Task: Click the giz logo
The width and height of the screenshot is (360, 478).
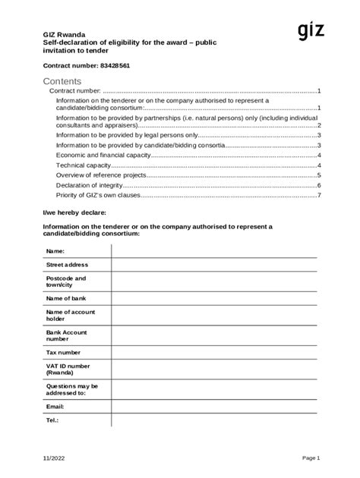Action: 311,30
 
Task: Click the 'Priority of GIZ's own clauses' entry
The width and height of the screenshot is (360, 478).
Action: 98,195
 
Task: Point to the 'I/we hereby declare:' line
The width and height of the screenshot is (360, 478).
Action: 74,212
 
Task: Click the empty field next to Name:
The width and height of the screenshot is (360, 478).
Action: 215,250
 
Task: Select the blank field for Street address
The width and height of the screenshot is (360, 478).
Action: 215,265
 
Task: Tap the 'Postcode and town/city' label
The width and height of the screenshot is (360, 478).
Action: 66,281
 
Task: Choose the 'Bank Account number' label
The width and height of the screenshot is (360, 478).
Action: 67,335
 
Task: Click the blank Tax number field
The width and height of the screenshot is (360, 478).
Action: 215,352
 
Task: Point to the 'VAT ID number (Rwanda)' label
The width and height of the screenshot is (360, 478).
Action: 68,369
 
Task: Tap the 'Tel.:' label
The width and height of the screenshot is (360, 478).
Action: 52,420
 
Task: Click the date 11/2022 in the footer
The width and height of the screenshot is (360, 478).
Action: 54,458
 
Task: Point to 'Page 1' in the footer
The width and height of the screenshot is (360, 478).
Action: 311,458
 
